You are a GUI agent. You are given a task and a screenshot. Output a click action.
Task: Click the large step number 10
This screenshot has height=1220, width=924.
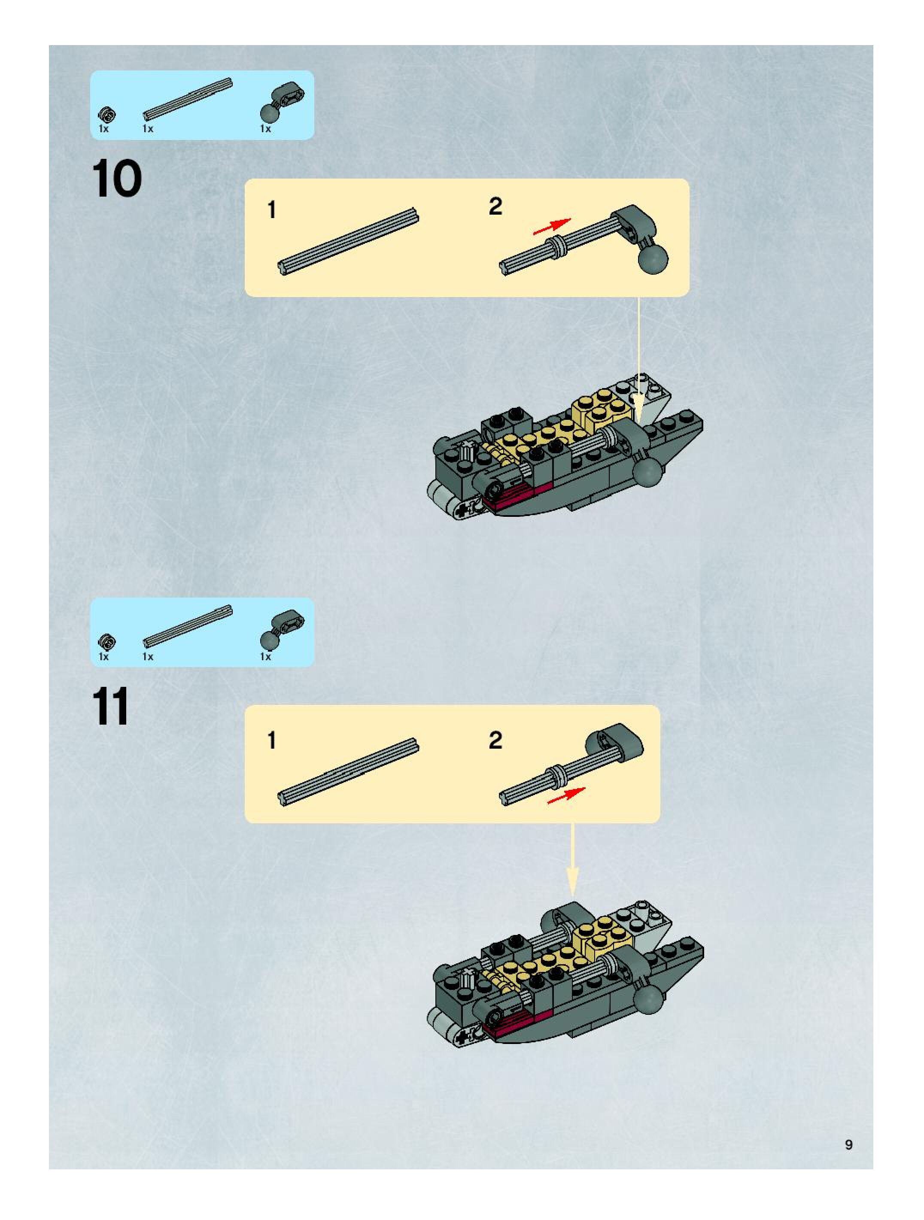click(x=116, y=178)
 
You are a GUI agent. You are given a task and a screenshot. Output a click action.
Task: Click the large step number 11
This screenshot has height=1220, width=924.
click(x=112, y=707)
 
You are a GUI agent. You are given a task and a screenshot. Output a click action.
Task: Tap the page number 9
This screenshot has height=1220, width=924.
click(x=848, y=1144)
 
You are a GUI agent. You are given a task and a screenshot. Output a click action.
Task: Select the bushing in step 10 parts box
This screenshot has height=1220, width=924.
click(x=106, y=115)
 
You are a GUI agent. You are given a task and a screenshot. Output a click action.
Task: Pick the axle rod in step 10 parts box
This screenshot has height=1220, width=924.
click(x=188, y=99)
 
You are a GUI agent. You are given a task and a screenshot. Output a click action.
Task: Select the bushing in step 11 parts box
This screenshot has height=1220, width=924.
click(x=106, y=643)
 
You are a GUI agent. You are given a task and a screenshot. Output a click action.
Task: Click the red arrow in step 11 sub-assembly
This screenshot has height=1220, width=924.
click(x=565, y=795)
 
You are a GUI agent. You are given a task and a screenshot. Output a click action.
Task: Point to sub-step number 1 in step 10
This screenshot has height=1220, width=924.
click(x=271, y=210)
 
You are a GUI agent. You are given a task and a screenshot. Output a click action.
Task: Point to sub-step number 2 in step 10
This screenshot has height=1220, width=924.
click(x=495, y=207)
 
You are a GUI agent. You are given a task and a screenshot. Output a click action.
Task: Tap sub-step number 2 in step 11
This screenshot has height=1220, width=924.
click(x=495, y=740)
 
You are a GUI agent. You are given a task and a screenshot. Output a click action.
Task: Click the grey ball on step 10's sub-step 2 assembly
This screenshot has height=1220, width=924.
click(x=653, y=258)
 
